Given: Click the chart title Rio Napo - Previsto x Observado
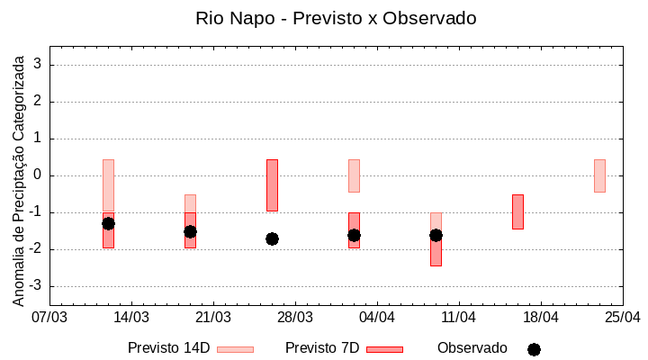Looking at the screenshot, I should point(336,18).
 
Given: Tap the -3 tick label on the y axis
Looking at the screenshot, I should point(36,286).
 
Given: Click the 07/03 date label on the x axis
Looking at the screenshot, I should point(49,317).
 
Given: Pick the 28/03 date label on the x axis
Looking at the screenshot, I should point(295,317).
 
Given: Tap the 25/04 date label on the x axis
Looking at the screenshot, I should point(623,317).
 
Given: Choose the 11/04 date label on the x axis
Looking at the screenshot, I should point(459,317).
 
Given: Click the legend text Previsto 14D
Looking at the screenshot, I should point(169,348).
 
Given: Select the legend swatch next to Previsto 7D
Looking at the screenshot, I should point(384,349).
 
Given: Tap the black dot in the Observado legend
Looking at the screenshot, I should point(534,349).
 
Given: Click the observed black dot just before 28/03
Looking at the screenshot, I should point(272,238).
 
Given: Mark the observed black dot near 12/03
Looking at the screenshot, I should point(108,223).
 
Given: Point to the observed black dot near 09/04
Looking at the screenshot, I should point(436,235).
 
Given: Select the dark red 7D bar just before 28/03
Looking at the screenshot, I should point(272,185).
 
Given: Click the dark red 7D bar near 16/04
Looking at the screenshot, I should point(517,211).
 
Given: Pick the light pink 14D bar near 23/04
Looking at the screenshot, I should point(599,175).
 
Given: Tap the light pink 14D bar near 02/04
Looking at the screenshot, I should point(354,175).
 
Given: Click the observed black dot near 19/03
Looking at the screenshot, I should point(190,231).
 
